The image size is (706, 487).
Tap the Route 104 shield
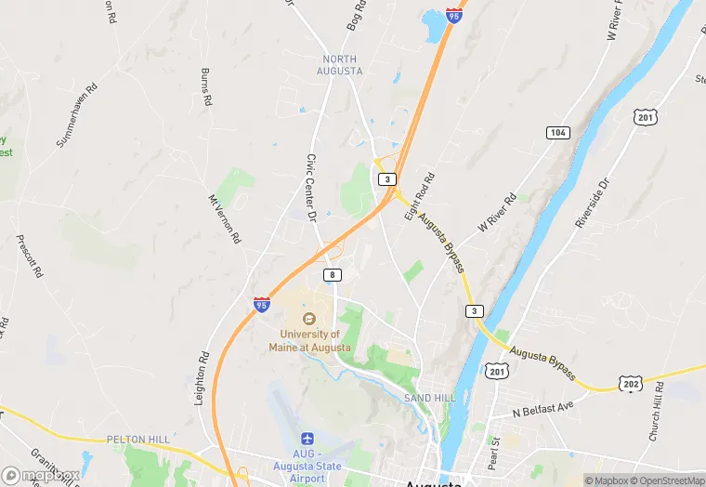coord(557,133)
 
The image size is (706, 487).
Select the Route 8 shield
coord(333,275)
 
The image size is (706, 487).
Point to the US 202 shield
coord(632,383)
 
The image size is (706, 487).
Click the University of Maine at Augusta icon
coord(309,319)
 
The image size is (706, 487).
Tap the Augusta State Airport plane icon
coord(308,439)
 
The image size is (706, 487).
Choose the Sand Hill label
coord(429,398)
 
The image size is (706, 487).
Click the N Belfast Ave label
coord(544,409)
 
